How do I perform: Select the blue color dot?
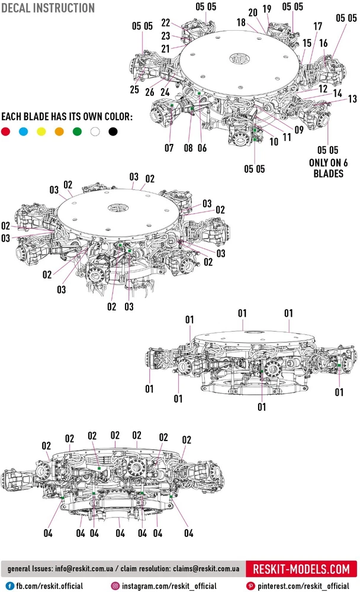coord(24,131)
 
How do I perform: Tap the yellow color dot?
coord(41,131)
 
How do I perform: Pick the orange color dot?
coord(59,131)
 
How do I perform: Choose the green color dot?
coord(77,131)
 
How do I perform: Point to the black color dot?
coord(112,131)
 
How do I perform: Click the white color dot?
coord(95,131)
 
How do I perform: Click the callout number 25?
coord(134,89)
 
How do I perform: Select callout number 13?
coord(352,99)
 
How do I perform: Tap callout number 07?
coord(169,148)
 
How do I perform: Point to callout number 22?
coord(166,22)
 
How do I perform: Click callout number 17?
coord(317,27)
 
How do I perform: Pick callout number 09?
coord(298,130)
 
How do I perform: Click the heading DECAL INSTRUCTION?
coord(48,8)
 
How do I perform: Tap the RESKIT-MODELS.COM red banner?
coord(301,570)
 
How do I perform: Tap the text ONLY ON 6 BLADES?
coord(326,168)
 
